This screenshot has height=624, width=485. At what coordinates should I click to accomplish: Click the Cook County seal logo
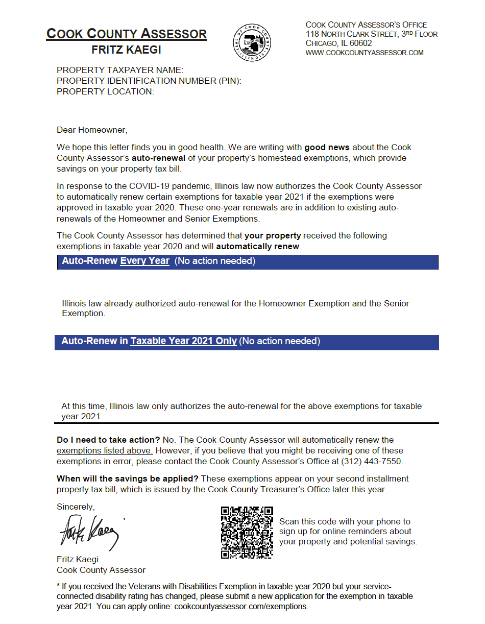pyautogui.click(x=252, y=43)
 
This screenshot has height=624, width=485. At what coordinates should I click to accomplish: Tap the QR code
pyautogui.click(x=247, y=532)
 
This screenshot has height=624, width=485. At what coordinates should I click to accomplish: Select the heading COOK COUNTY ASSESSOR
pyautogui.click(x=126, y=34)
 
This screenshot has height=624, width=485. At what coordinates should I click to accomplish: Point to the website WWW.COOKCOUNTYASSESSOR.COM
pyautogui.click(x=365, y=53)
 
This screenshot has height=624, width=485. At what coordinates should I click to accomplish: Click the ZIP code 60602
pyautogui.click(x=360, y=43)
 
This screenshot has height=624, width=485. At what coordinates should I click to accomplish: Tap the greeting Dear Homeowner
pyautogui.click(x=92, y=130)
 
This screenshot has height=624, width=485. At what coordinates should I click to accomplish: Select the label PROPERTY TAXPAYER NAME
pyautogui.click(x=119, y=70)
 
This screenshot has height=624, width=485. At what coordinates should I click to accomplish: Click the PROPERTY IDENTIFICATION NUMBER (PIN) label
pyautogui.click(x=149, y=81)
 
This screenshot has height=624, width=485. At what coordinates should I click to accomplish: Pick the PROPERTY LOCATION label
pyautogui.click(x=105, y=91)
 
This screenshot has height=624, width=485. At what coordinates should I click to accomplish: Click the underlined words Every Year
pyautogui.click(x=144, y=261)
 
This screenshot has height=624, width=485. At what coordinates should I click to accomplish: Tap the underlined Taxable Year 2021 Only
pyautogui.click(x=183, y=341)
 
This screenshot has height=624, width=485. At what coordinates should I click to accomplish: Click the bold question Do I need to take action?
pyautogui.click(x=109, y=440)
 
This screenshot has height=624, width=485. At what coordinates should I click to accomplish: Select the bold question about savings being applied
pyautogui.click(x=128, y=479)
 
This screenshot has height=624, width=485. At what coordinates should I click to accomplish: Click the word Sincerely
pyautogui.click(x=76, y=507)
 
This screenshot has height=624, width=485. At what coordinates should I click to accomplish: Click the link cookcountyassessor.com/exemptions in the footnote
pyautogui.click(x=241, y=607)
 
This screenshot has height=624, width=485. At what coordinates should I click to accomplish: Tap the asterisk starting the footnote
pyautogui.click(x=58, y=586)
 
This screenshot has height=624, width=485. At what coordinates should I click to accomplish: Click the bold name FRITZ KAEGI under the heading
pyautogui.click(x=126, y=50)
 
